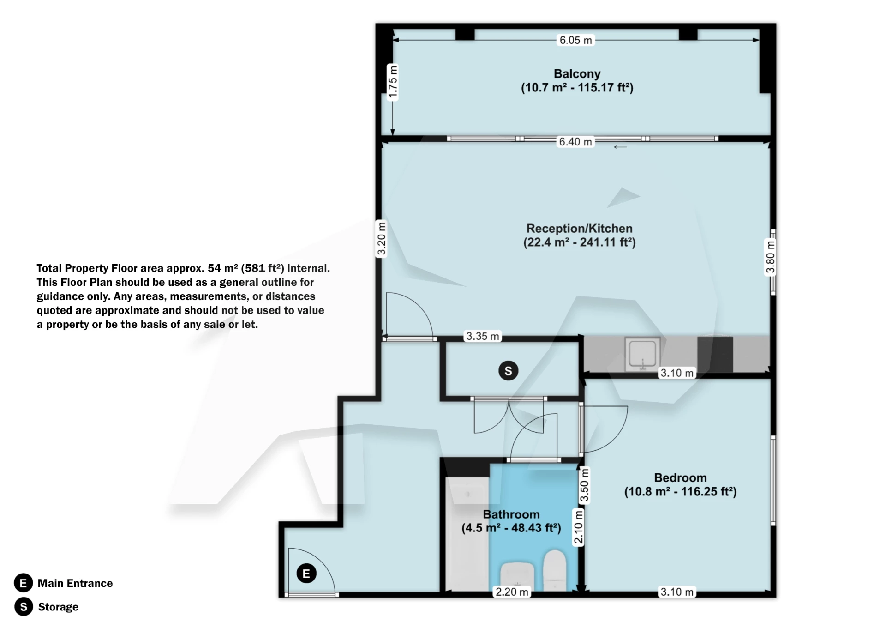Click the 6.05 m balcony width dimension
point(575,40)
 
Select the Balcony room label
point(577,80)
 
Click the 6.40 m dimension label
point(575,142)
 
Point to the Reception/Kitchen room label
point(579,235)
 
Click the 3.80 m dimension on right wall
point(770,257)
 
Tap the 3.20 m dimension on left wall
point(381,239)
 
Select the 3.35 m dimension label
point(482,336)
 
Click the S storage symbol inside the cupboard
point(508,371)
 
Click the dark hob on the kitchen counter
point(715,354)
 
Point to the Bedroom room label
point(680,484)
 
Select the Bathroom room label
point(511,521)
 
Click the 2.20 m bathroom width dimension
point(512,592)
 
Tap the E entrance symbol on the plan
point(306,574)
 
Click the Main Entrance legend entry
point(75,583)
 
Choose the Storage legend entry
point(58,607)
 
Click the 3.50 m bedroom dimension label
point(584,485)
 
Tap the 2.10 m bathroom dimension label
point(578,527)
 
